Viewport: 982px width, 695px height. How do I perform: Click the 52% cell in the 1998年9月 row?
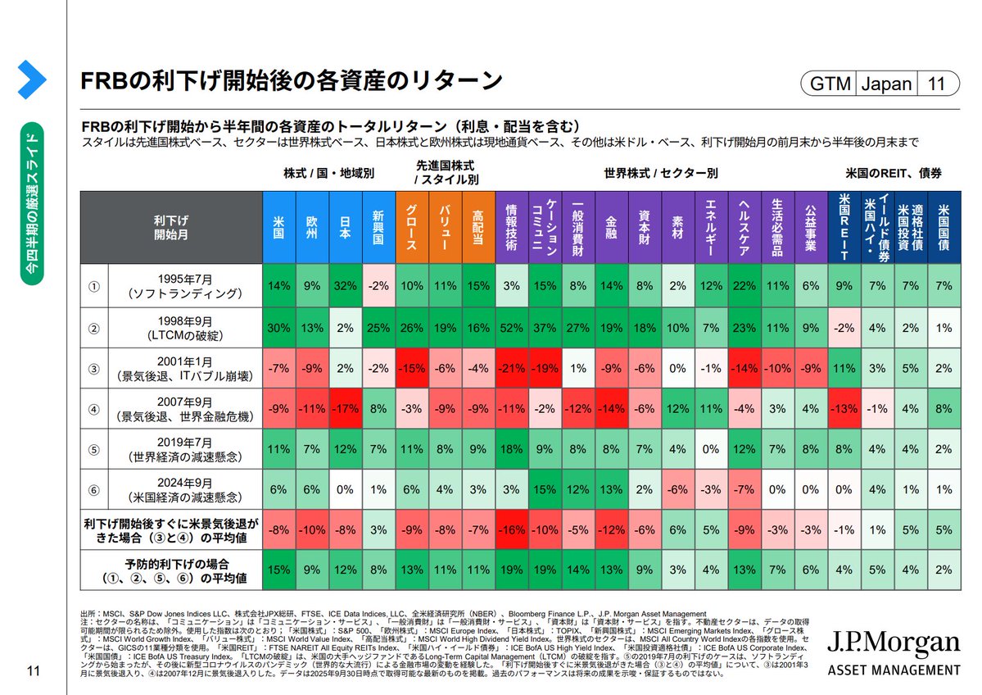512,328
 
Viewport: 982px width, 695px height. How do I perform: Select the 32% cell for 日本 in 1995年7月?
345,286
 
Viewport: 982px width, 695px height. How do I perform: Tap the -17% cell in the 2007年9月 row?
345,409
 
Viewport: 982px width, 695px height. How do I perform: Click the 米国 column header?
278,227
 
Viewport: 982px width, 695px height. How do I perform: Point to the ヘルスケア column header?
744,227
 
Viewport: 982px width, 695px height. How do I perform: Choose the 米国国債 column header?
944,227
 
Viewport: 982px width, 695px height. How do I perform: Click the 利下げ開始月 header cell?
170,227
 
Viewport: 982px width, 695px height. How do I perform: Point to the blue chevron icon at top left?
31,79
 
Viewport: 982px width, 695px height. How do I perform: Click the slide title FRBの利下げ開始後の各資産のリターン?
290,80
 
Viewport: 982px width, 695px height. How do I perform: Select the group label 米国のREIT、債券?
894,174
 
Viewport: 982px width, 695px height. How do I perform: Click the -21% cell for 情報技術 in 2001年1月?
512,368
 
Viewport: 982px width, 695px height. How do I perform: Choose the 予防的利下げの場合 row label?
170,569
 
